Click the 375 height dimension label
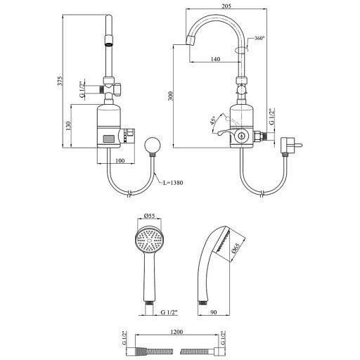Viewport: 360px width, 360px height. tap(60, 81)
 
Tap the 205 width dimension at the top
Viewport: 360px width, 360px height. tap(226, 6)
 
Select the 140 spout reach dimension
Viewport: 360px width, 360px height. tap(215, 59)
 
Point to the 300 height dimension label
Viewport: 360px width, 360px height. tap(171, 96)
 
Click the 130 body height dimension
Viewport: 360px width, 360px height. tap(68, 126)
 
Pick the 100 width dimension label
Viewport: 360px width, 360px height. tap(120, 161)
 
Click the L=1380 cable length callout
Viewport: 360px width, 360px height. tap(173, 182)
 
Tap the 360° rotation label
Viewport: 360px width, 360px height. tap(259, 39)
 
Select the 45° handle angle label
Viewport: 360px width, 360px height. tap(213, 120)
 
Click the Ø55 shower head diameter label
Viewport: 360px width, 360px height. tap(150, 215)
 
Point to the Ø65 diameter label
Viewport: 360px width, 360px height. tap(236, 248)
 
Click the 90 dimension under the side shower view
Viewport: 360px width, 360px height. tap(214, 312)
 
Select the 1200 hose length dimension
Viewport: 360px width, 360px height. tap(176, 332)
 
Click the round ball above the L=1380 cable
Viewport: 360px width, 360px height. tap(153, 146)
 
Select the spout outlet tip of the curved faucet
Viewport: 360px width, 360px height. tap(191, 41)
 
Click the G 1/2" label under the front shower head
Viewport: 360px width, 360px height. tap(169, 312)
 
